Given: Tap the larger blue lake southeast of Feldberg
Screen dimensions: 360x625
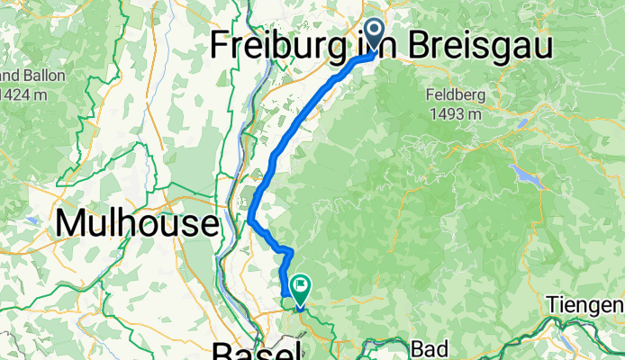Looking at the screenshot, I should coord(523,173).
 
